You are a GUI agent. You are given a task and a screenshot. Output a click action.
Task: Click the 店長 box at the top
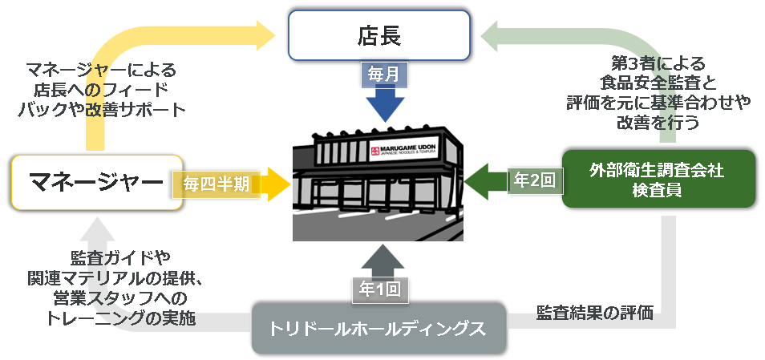[x=378, y=35]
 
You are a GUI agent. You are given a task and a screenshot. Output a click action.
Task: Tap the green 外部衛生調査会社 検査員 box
[x=658, y=179]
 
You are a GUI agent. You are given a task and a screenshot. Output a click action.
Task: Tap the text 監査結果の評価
[x=594, y=313]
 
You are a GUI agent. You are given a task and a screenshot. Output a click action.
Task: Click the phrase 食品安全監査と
[x=657, y=81]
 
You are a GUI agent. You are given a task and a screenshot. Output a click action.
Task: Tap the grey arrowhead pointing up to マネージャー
[x=96, y=226]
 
